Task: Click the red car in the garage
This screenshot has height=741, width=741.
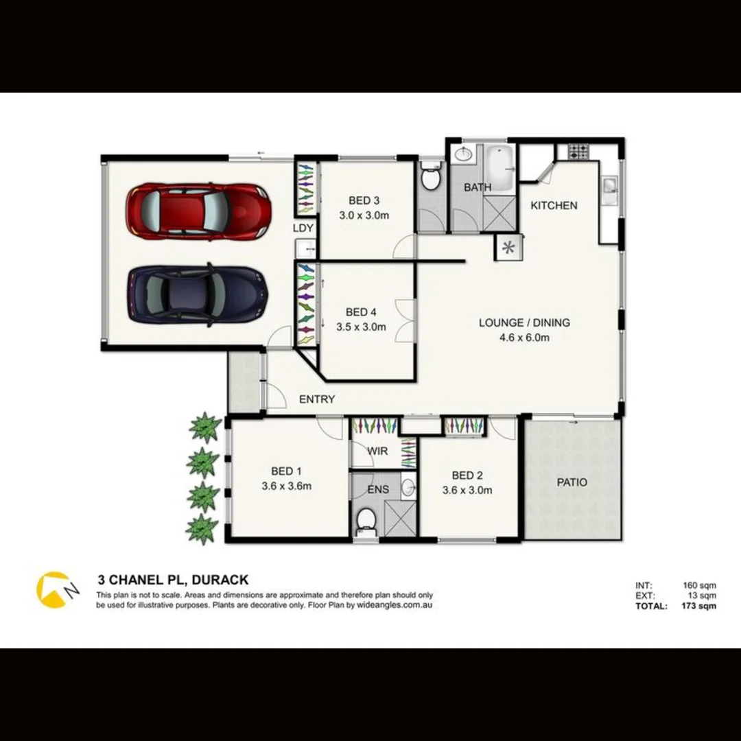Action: (197, 211)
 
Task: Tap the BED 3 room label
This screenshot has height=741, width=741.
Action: (364, 200)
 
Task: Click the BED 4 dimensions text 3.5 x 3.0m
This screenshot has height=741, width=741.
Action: (361, 327)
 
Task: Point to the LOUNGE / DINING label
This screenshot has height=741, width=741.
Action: (524, 322)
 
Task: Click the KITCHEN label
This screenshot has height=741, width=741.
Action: (554, 205)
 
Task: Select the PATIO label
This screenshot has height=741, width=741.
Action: (572, 482)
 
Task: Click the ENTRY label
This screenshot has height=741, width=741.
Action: (317, 399)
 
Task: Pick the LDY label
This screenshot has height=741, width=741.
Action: (303, 228)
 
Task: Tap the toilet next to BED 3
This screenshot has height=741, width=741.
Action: (430, 178)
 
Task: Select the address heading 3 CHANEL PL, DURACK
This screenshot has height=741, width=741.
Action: (173, 580)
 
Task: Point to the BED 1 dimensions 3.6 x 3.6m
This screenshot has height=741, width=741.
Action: (287, 486)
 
